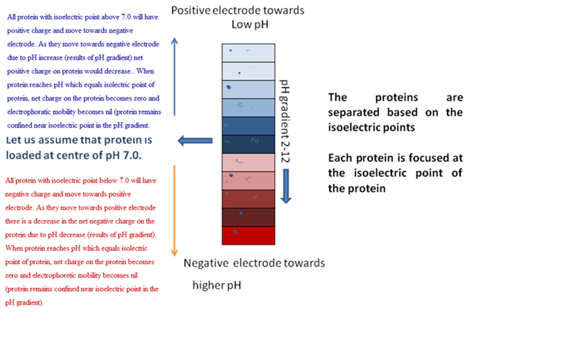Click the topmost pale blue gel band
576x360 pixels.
tap(248, 53)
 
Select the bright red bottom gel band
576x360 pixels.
tap(248, 235)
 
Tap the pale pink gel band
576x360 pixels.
tap(248, 163)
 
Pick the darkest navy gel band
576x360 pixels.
tap(248, 145)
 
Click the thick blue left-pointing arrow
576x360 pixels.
tap(195, 141)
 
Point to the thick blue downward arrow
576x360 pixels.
tap(286, 187)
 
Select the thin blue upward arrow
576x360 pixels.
tap(174, 77)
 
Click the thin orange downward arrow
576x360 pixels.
tap(174, 211)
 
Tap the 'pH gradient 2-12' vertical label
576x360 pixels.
tap(285, 121)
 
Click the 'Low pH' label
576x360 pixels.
tap(250, 25)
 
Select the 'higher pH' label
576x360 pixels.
tap(217, 285)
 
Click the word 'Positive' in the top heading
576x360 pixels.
tap(192, 10)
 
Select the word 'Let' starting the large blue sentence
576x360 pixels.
tap(14, 140)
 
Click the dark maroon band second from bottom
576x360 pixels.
tap(248, 217)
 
